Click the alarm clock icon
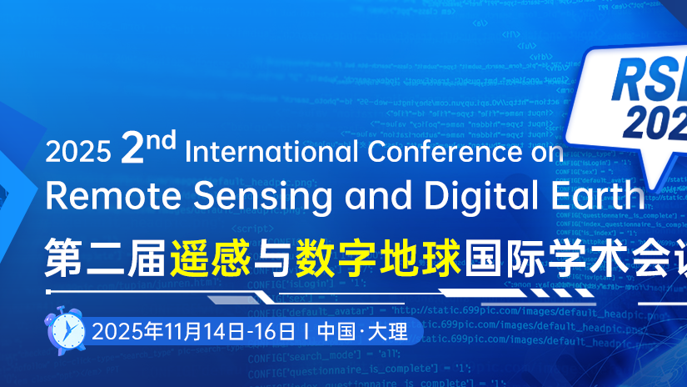coord(65,329)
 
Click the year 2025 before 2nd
coord(77,152)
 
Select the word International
coord(271,151)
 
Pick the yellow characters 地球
coord(420,254)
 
